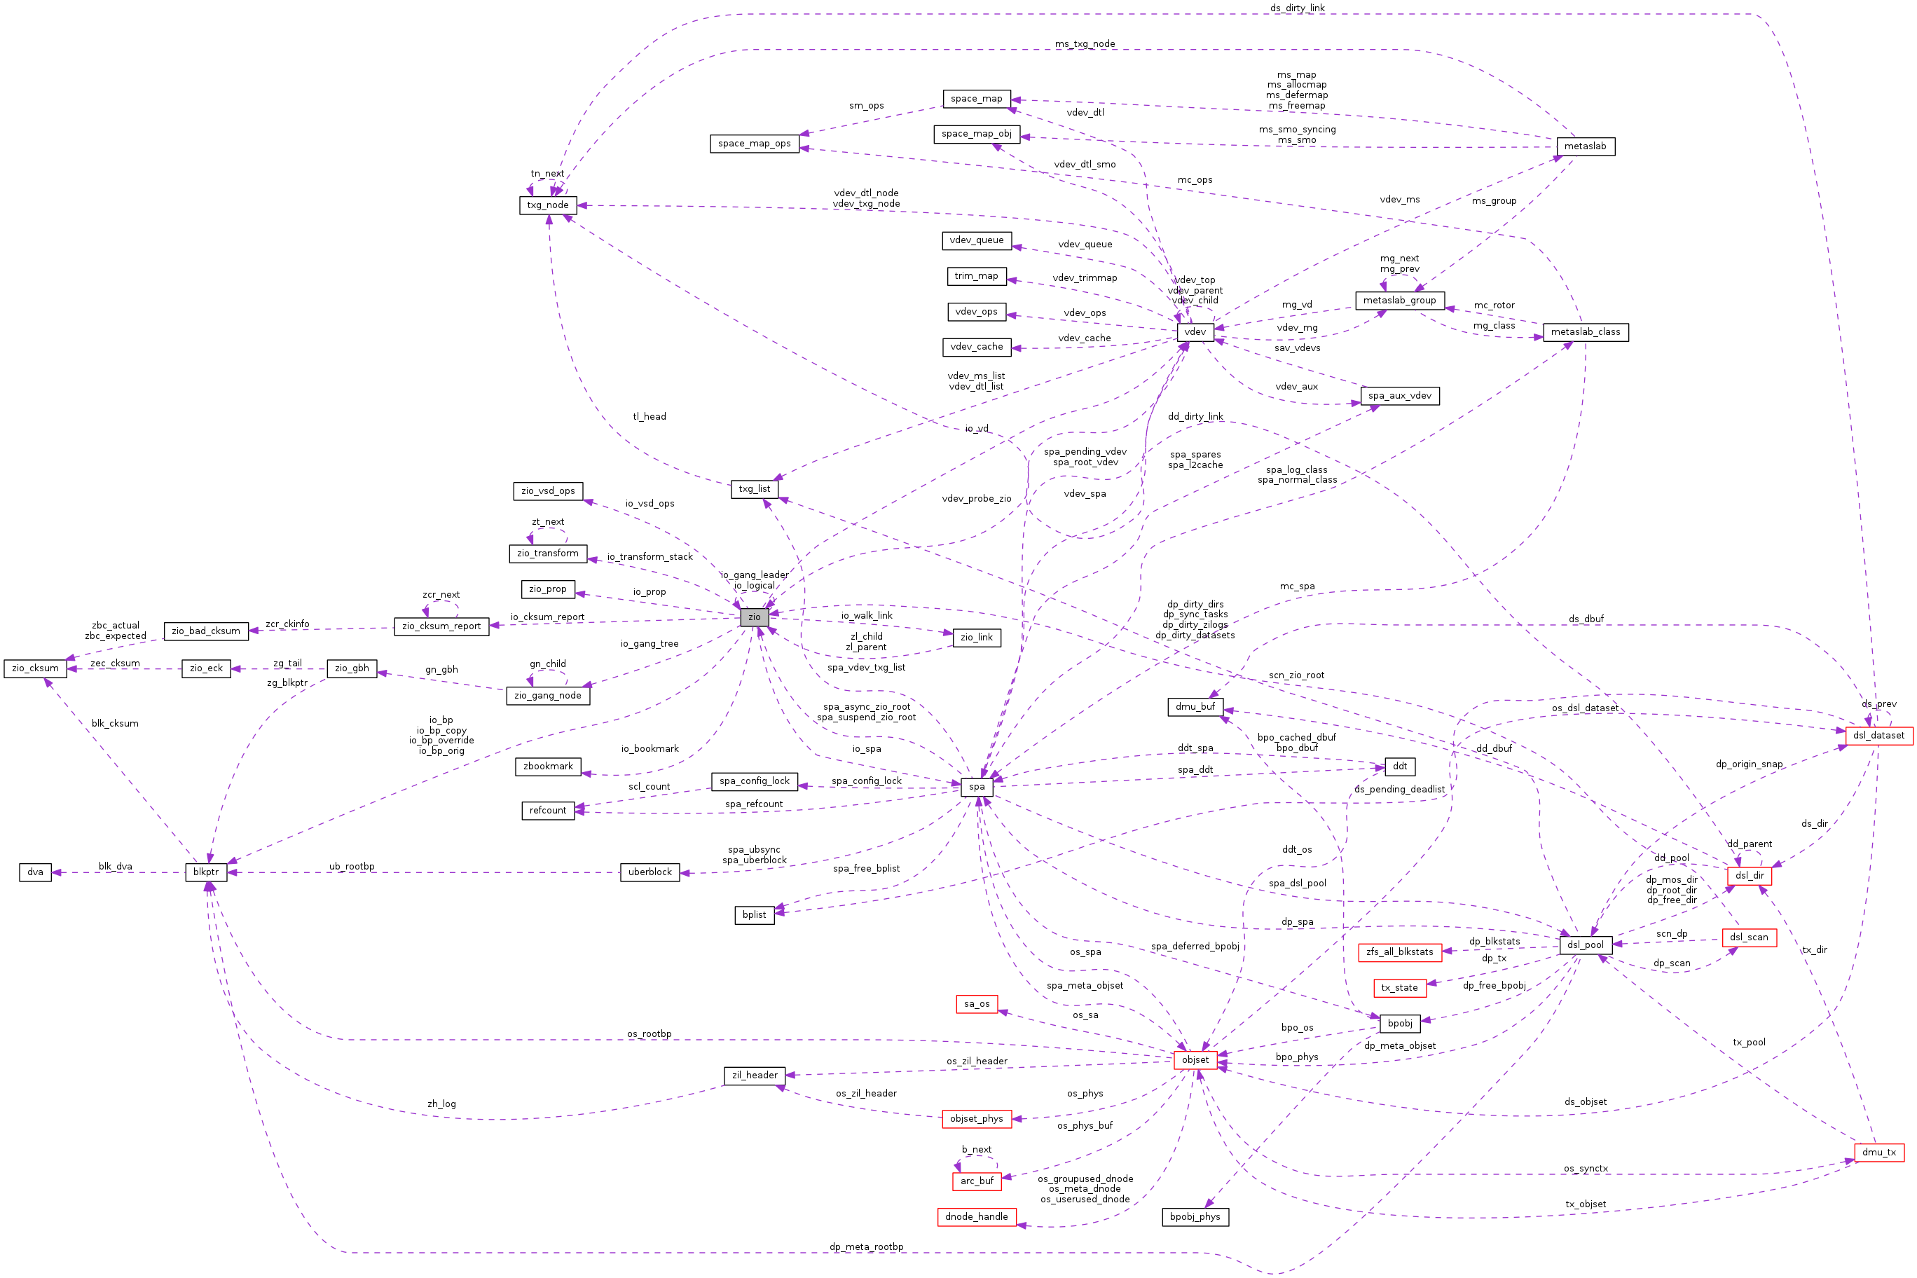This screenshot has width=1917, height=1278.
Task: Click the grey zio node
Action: tap(754, 617)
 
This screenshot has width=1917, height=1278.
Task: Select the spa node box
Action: tap(977, 787)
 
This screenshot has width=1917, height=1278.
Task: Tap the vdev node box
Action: tap(1195, 331)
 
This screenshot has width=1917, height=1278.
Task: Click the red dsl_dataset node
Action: tap(1878, 735)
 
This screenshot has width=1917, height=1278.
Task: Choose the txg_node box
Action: tap(547, 205)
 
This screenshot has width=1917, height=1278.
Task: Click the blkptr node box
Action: tap(205, 872)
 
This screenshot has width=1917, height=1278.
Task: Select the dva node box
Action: tap(35, 872)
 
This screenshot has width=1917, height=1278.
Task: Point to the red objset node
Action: tap(1195, 1059)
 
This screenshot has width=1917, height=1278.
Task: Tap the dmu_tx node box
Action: tap(1878, 1152)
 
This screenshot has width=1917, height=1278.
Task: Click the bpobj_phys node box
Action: tap(1195, 1217)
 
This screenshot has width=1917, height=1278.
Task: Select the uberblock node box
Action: tap(650, 872)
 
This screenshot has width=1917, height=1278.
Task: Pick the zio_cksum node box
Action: tap(35, 668)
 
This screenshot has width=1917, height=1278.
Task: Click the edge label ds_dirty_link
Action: tap(1297, 8)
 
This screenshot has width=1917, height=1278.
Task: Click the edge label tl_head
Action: tap(649, 416)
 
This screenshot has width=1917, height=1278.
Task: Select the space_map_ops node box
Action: tap(754, 144)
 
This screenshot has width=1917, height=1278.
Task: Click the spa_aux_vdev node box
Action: tap(1399, 396)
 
